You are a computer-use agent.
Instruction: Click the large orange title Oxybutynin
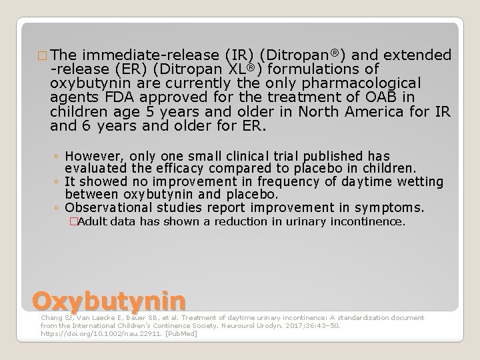tap(108, 301)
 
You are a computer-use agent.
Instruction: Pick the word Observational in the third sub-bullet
tap(104, 207)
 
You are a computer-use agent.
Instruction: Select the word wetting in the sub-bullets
tap(421, 182)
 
